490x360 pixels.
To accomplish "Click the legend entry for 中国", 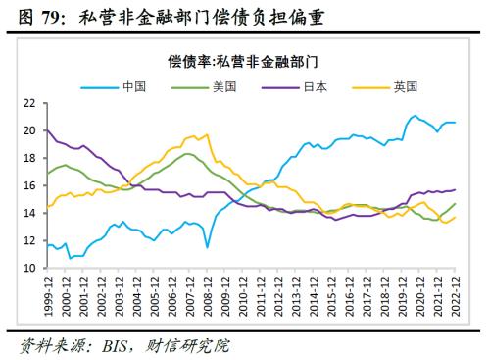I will tap(134, 85).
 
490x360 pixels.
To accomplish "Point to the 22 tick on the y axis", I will tap(29, 102).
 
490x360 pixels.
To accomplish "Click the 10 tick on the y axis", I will tap(29, 268).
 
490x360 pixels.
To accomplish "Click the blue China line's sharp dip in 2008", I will tap(207, 246).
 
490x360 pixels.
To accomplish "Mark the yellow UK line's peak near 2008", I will tap(205, 135).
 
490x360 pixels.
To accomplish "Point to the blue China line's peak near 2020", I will tap(414, 116).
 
